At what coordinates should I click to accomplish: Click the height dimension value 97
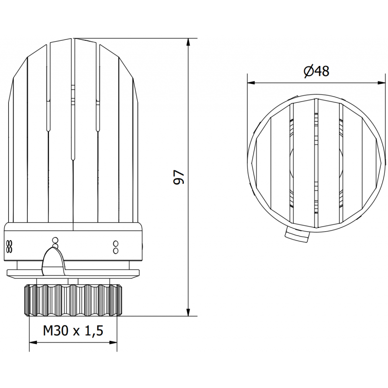(180, 177)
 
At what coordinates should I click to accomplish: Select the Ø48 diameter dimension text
(316, 71)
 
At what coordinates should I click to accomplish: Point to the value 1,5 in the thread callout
(93, 331)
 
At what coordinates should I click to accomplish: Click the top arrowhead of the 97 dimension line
(189, 42)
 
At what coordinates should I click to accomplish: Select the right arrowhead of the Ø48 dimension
(377, 82)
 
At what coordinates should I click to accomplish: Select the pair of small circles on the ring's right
(115, 247)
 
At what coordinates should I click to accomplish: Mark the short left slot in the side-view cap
(48, 114)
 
